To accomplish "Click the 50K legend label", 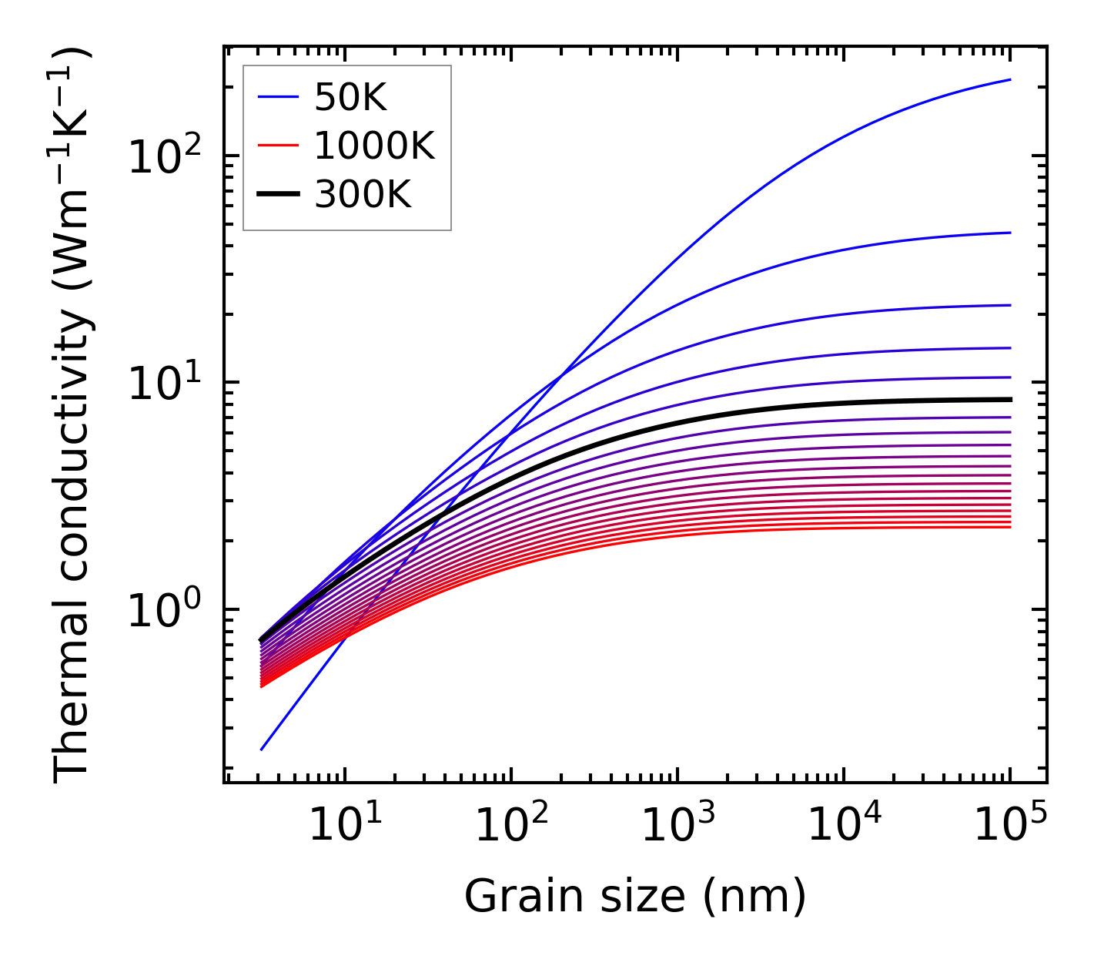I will click(350, 98).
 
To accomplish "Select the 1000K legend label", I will click(374, 146).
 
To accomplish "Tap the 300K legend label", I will click(363, 195).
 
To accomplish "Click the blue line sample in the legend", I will click(277, 98).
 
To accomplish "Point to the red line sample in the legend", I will click(277, 146).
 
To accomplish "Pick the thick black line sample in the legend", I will click(277, 195).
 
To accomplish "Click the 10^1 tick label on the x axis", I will click(344, 827).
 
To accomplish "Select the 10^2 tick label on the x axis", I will click(510, 827).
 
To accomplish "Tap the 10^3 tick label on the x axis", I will click(677, 827).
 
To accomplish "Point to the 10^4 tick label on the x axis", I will click(843, 827).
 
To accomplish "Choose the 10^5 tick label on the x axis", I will click(1009, 827).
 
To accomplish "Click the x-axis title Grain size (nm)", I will click(635, 897).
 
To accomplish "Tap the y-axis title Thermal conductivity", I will click(72, 414).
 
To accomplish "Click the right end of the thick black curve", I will click(1010, 399).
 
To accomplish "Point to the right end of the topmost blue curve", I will click(1010, 79).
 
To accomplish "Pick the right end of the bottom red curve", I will click(1010, 527).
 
